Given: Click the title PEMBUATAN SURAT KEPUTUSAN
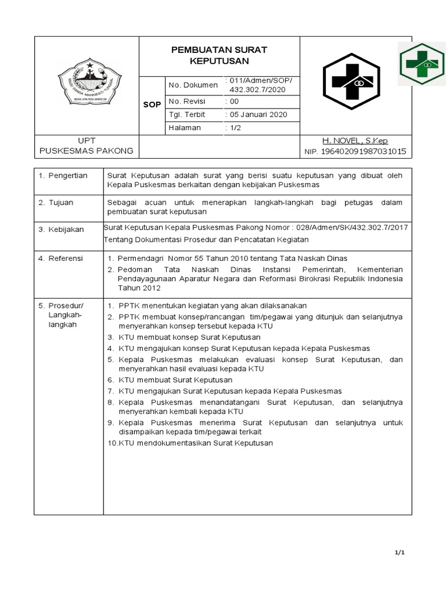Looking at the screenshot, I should (219, 55).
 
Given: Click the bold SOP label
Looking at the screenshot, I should (152, 106).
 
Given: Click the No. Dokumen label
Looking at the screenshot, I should (193, 85).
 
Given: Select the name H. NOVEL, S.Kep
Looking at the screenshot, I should (355, 141).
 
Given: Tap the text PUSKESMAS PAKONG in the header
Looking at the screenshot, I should (86, 151).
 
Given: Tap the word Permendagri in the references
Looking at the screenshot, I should (138, 258).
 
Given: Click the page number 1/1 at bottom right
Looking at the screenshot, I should (400, 553).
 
